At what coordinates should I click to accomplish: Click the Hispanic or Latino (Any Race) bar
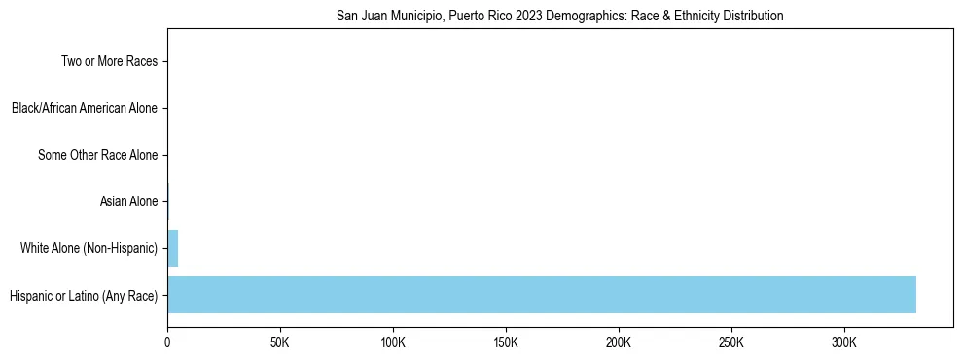coord(541,295)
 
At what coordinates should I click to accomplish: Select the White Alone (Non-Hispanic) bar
coord(173,248)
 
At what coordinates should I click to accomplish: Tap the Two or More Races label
coord(109,62)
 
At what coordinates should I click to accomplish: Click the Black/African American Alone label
coord(85,108)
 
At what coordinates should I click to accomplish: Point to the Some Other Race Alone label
coord(97,155)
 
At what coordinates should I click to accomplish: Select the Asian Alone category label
coord(128,201)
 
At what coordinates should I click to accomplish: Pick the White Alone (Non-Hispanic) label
coord(89,248)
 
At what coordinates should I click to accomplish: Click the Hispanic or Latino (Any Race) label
coord(84,295)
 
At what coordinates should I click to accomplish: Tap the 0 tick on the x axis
coord(167,342)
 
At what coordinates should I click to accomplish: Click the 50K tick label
coord(280,342)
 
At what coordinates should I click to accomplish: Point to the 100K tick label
coord(393,342)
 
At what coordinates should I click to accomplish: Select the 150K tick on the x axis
coord(506,342)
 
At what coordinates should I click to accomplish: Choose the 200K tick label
coord(619,342)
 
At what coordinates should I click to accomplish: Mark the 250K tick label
coord(731,342)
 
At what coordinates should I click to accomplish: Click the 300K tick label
coord(844,342)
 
